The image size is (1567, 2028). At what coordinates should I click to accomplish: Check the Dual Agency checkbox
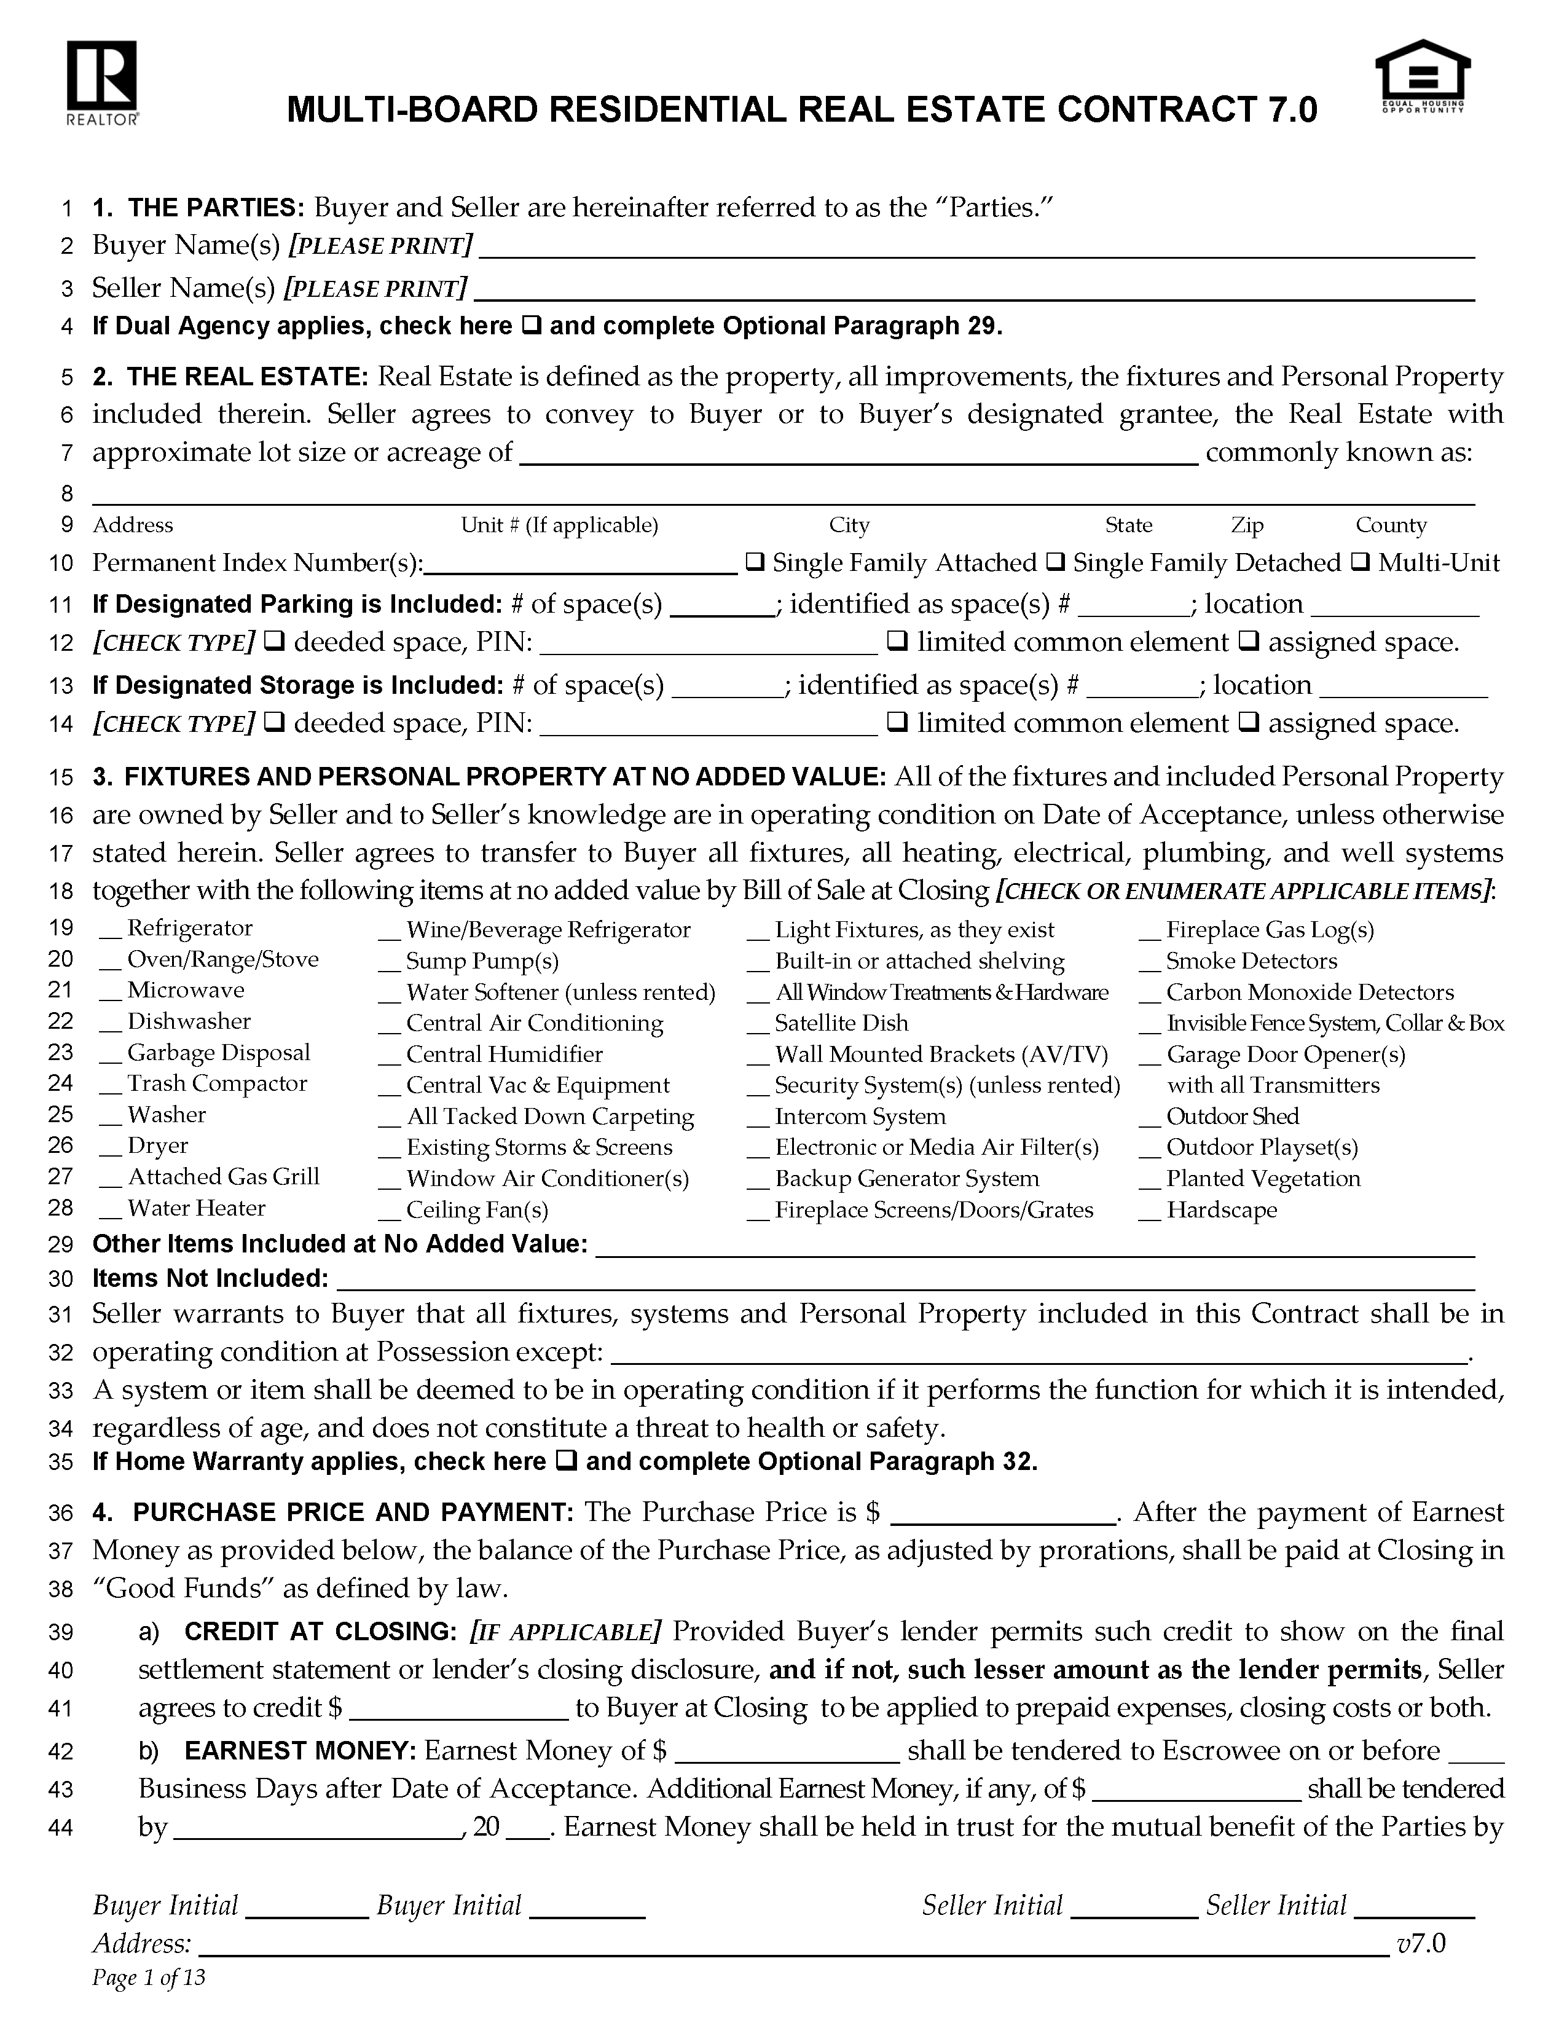pyautogui.click(x=532, y=326)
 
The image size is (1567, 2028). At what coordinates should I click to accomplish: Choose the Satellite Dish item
pyautogui.click(x=841, y=1023)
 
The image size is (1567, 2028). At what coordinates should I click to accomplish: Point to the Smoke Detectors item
pyautogui.click(x=1251, y=961)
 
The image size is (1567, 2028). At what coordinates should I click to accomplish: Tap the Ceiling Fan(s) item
pyautogui.click(x=477, y=1210)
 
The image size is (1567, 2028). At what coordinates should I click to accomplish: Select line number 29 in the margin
pyautogui.click(x=60, y=1245)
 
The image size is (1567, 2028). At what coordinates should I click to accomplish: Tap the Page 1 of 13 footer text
pyautogui.click(x=149, y=1978)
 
